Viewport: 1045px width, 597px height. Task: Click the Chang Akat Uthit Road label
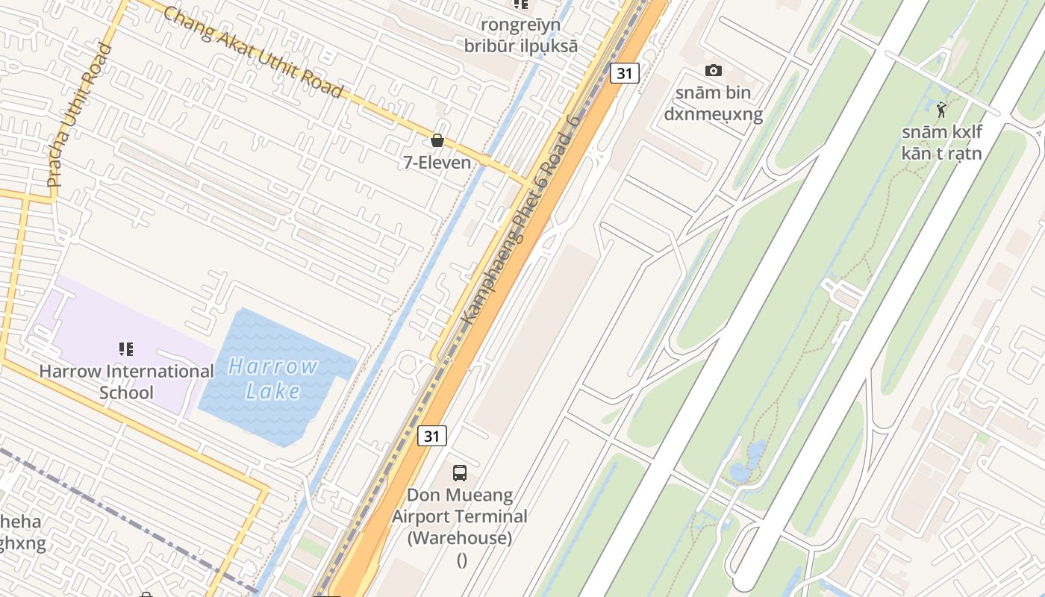tap(253, 52)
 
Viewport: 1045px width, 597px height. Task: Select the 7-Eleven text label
tap(437, 162)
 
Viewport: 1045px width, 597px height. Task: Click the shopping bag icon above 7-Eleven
tap(437, 140)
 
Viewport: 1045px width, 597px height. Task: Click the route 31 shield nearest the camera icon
tap(625, 73)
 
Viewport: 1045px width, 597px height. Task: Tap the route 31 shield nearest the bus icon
tap(432, 436)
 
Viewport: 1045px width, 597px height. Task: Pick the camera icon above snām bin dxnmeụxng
tap(714, 70)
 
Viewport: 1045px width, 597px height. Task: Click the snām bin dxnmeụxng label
tap(713, 104)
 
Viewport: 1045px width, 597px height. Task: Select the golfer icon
tap(941, 110)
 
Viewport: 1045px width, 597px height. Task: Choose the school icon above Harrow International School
tap(126, 348)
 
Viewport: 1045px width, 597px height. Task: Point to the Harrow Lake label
tap(274, 378)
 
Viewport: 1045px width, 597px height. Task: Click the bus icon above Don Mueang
tap(460, 472)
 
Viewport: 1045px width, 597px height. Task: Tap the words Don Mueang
tap(460, 495)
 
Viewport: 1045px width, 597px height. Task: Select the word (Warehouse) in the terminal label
tap(460, 537)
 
